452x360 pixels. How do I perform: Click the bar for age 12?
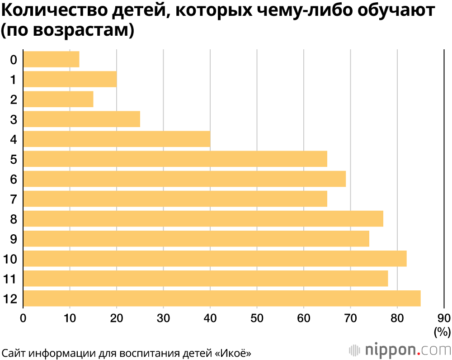coord(221,298)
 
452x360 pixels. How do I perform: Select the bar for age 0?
coord(51,60)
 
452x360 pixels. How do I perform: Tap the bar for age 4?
coord(117,139)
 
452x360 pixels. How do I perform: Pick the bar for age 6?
coord(184,179)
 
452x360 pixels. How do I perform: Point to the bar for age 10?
coord(215,259)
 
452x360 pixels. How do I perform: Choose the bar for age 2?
coord(58,99)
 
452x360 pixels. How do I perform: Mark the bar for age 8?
coord(203,219)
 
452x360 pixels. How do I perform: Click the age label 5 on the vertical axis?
coord(14,159)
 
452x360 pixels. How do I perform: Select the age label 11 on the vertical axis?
coord(10,279)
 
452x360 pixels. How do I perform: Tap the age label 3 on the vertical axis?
coord(14,119)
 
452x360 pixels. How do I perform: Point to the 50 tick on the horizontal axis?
coord(257,317)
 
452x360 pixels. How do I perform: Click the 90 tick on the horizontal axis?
coord(444,317)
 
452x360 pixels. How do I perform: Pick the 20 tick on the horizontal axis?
coord(117,317)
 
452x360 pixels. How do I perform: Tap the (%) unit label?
coord(442,332)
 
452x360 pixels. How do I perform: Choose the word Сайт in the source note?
coord(13,352)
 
